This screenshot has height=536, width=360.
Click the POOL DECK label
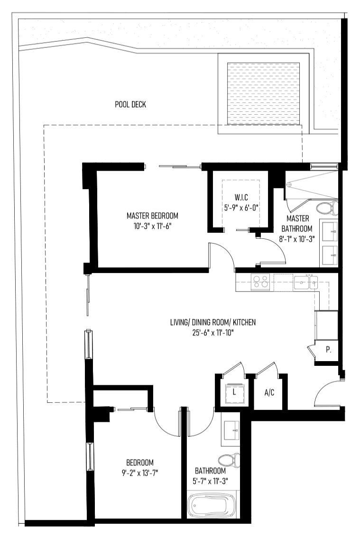click(130, 104)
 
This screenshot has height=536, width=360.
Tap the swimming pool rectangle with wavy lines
click(264, 93)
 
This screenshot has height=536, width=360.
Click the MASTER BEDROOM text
click(152, 216)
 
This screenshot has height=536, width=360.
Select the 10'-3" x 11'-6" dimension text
click(152, 226)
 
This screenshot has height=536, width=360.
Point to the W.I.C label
click(241, 197)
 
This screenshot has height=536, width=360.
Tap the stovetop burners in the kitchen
click(261, 282)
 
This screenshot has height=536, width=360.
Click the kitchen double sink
click(305, 282)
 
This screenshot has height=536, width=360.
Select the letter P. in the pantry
click(328, 350)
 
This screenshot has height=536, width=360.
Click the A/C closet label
click(269, 392)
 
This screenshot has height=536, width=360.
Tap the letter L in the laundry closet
click(234, 392)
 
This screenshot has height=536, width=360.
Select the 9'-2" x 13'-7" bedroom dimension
click(140, 473)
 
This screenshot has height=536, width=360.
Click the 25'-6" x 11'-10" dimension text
click(213, 332)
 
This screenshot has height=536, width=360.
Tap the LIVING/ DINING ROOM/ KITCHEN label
click(213, 322)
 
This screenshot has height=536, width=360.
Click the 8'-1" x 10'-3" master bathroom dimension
click(297, 239)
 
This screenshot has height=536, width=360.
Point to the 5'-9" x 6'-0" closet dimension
click(241, 208)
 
